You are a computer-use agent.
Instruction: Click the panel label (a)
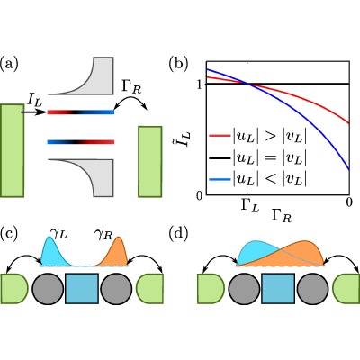coord(9,64)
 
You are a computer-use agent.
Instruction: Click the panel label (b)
coord(178,64)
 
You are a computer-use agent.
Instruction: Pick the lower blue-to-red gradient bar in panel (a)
coord(81,141)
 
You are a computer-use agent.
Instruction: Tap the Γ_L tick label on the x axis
coord(247,205)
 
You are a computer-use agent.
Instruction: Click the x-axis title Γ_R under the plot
coord(281,217)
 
